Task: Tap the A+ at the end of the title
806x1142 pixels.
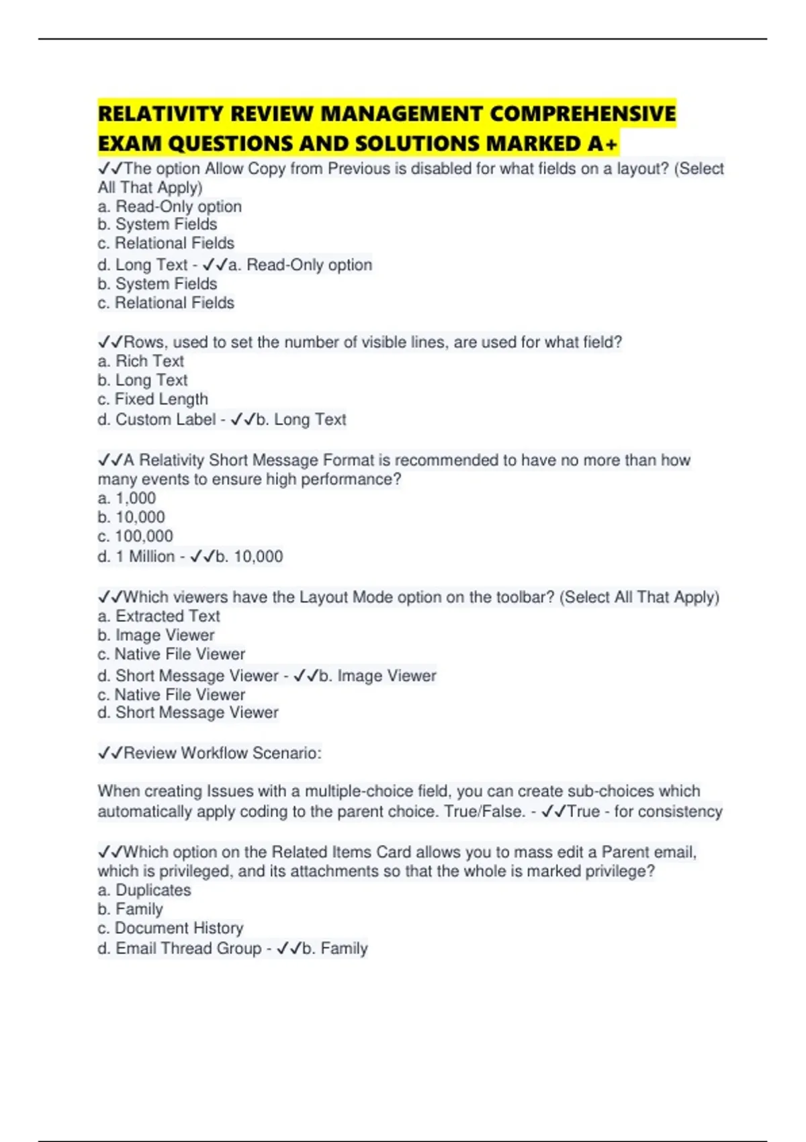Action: click(x=602, y=144)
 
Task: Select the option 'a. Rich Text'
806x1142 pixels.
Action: click(x=140, y=361)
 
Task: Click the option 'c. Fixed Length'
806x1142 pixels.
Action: click(x=152, y=399)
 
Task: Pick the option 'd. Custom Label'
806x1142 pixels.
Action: click(x=156, y=420)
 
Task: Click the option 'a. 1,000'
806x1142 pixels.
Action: click(x=127, y=498)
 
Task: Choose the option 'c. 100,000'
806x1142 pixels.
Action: click(x=135, y=536)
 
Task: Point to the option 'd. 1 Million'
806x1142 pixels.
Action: click(x=136, y=557)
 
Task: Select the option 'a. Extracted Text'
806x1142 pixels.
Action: click(x=159, y=616)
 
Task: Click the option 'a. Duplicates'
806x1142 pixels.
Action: click(x=144, y=890)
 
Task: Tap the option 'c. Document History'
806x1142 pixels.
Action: click(x=171, y=928)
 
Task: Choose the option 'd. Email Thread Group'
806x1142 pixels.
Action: click(x=179, y=949)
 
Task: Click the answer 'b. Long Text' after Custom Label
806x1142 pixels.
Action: click(x=301, y=420)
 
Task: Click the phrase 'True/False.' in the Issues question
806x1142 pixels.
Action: click(x=484, y=811)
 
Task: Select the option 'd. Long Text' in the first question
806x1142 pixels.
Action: click(x=142, y=265)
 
